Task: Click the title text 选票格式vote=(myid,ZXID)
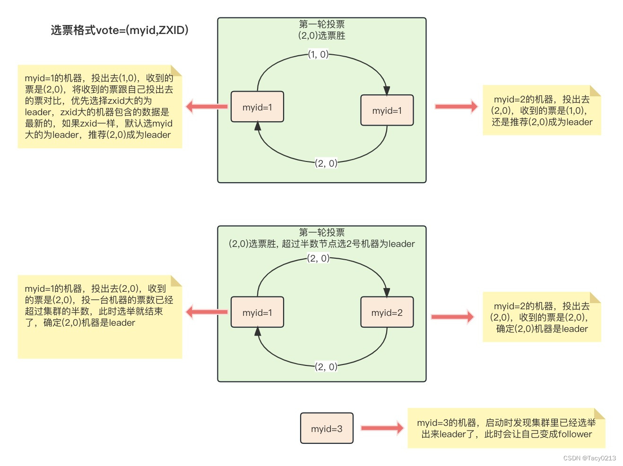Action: click(120, 30)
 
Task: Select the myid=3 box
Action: click(327, 428)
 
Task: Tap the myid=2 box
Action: click(387, 313)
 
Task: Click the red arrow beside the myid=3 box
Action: click(382, 428)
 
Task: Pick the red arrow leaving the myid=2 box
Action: click(452, 317)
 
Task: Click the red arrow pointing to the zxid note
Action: click(207, 106)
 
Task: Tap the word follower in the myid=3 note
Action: click(575, 434)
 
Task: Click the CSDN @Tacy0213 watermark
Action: click(589, 458)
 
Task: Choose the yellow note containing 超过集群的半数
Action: click(100, 317)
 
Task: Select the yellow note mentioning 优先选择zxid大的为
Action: click(100, 107)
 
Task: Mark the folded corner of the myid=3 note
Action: click(599, 414)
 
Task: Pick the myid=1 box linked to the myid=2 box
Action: click(257, 313)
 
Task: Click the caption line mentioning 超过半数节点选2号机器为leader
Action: click(322, 244)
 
